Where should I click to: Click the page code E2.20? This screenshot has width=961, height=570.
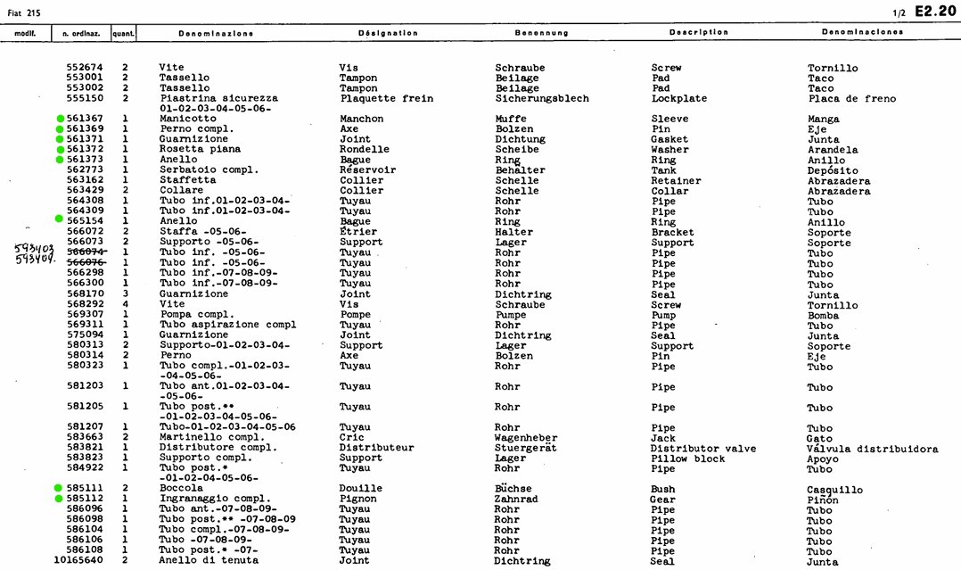[x=935, y=11]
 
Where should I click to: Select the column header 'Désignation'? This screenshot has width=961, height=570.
[x=388, y=33]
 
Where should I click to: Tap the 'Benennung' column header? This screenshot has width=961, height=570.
[x=541, y=33]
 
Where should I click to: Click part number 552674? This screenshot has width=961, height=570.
[x=85, y=68]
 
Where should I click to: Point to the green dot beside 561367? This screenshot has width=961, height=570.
[x=60, y=119]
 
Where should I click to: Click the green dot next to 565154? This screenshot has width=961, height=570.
[x=60, y=220]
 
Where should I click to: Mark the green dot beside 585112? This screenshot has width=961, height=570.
[x=60, y=499]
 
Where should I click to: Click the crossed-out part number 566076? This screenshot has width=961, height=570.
[x=86, y=262]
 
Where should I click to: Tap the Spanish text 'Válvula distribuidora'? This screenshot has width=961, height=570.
[x=872, y=449]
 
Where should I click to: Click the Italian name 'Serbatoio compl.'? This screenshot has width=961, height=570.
[x=209, y=169]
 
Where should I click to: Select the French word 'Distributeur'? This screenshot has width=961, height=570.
[x=377, y=448]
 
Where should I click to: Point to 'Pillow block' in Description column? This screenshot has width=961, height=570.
[x=688, y=458]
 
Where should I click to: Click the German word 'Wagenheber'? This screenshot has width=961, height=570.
[x=526, y=438]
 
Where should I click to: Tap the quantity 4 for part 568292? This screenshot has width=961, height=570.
[x=126, y=304]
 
